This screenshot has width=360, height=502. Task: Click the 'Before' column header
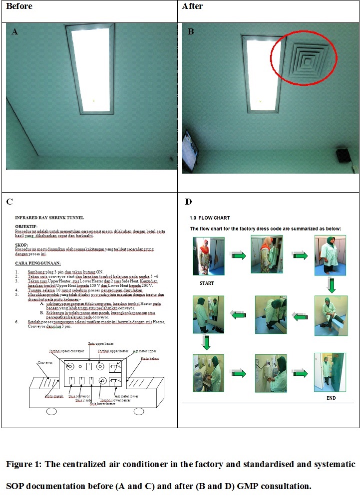19,6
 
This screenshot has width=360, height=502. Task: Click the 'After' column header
192,6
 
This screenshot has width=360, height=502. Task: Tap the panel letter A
15,32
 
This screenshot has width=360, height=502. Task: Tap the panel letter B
191,32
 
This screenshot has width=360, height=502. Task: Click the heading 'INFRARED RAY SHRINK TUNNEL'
49,218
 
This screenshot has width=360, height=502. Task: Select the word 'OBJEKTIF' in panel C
26,227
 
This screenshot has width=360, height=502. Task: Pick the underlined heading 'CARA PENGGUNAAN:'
38,263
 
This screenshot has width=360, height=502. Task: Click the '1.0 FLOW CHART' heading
210,218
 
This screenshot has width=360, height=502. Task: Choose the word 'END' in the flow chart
331,399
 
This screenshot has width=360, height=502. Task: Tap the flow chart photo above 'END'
330,372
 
